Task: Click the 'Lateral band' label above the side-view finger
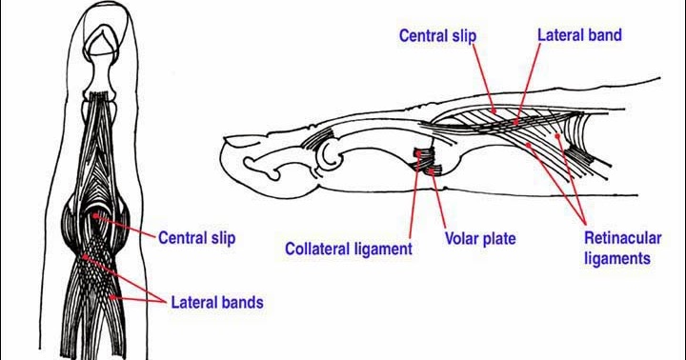click(579, 35)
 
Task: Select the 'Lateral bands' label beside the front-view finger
click(217, 303)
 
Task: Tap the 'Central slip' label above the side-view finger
click(437, 36)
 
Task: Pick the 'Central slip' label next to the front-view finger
click(196, 236)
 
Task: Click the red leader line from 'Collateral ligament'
click(414, 200)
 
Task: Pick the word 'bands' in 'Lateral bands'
click(240, 303)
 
